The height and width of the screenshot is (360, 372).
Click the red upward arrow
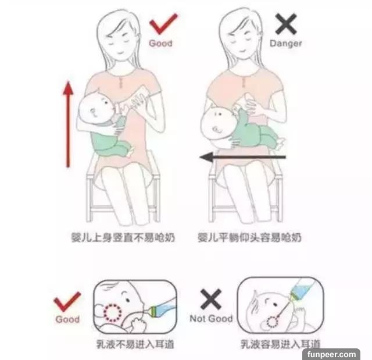(68, 124)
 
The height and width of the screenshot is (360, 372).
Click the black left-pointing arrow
(242, 157)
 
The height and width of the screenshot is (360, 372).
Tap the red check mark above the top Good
(163, 23)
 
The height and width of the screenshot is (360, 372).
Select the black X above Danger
(286, 24)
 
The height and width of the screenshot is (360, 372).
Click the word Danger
(286, 44)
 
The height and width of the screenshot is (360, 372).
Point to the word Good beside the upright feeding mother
(160, 43)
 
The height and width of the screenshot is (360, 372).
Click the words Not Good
(211, 319)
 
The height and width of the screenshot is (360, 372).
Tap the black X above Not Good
(211, 299)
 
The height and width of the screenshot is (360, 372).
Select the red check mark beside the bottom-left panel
(67, 301)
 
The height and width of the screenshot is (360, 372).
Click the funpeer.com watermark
(331, 355)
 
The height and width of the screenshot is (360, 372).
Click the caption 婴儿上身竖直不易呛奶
(123, 237)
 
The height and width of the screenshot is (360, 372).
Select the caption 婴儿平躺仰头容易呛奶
(249, 237)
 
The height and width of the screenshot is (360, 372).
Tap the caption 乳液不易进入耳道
(135, 344)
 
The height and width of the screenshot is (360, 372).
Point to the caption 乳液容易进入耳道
(281, 344)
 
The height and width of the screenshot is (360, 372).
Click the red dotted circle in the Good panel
(113, 312)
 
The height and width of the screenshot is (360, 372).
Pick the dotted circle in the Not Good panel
(273, 322)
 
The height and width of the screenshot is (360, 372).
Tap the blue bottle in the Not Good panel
(302, 290)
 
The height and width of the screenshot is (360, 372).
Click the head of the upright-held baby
(95, 109)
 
